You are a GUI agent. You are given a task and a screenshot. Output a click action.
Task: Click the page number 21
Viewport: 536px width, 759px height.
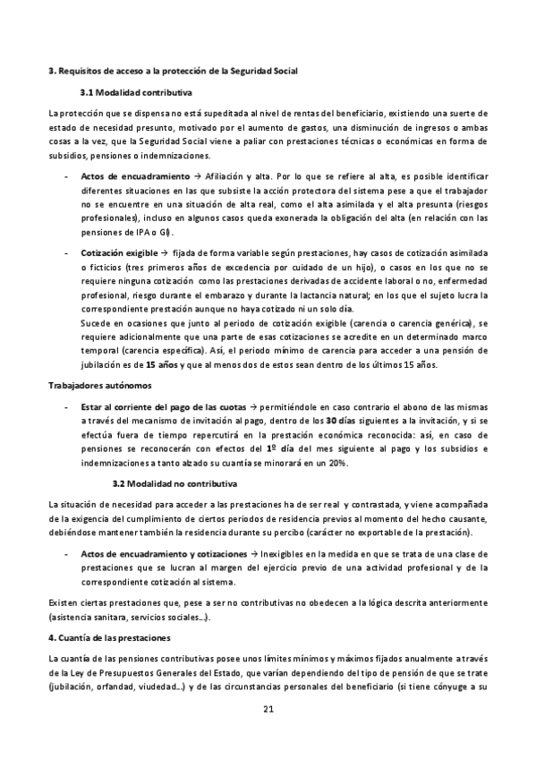click(x=268, y=710)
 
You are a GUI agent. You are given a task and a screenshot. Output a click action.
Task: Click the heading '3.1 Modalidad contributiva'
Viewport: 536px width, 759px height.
click(x=135, y=92)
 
